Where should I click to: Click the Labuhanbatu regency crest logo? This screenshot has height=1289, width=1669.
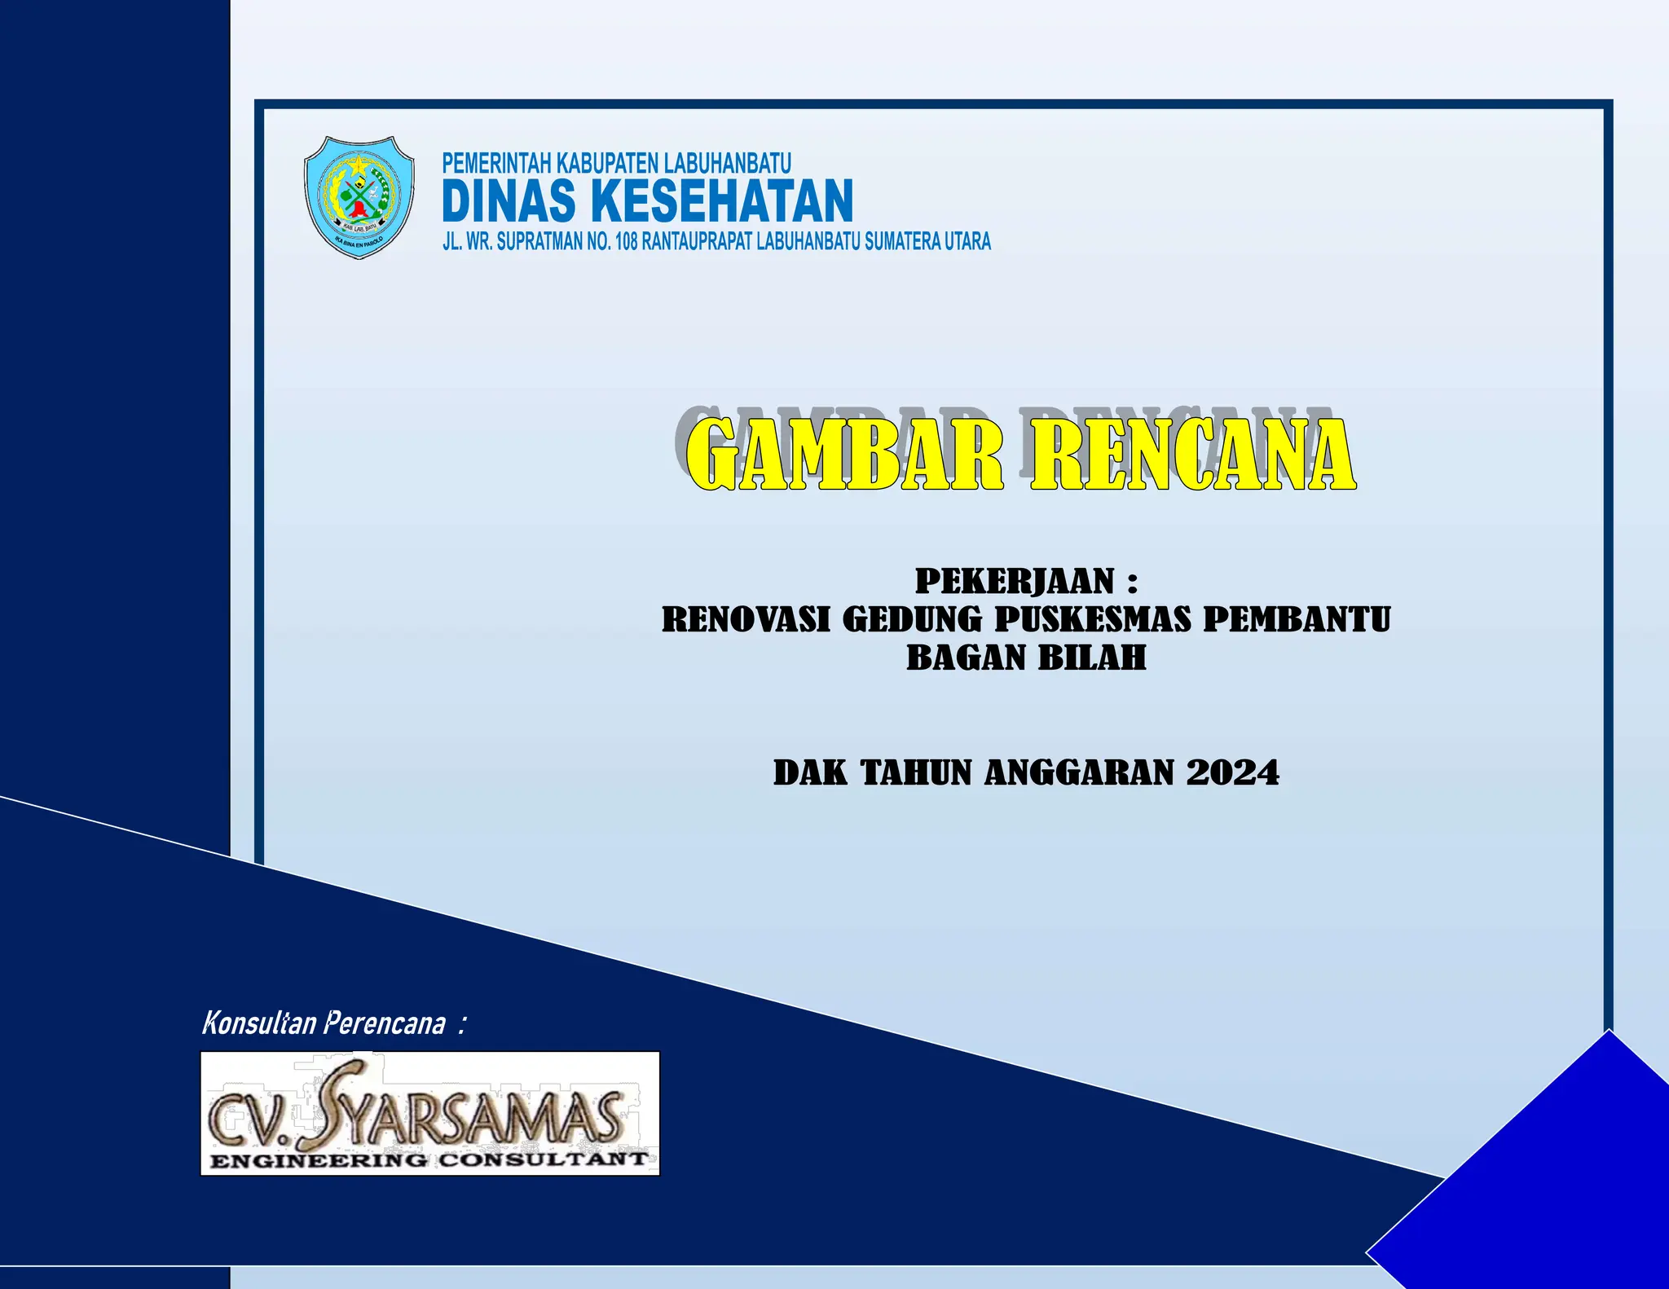(359, 197)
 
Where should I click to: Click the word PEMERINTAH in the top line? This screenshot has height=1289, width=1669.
(496, 163)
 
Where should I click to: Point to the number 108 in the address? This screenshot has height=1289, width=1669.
(626, 242)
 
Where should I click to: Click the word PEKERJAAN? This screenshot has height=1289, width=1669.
(1015, 582)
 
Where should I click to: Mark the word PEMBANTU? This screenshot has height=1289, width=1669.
(1297, 620)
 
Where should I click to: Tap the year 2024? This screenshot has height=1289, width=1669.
(1232, 773)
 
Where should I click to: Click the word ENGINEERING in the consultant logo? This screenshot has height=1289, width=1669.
(318, 1160)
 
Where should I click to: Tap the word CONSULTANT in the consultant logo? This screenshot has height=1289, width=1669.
(544, 1159)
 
